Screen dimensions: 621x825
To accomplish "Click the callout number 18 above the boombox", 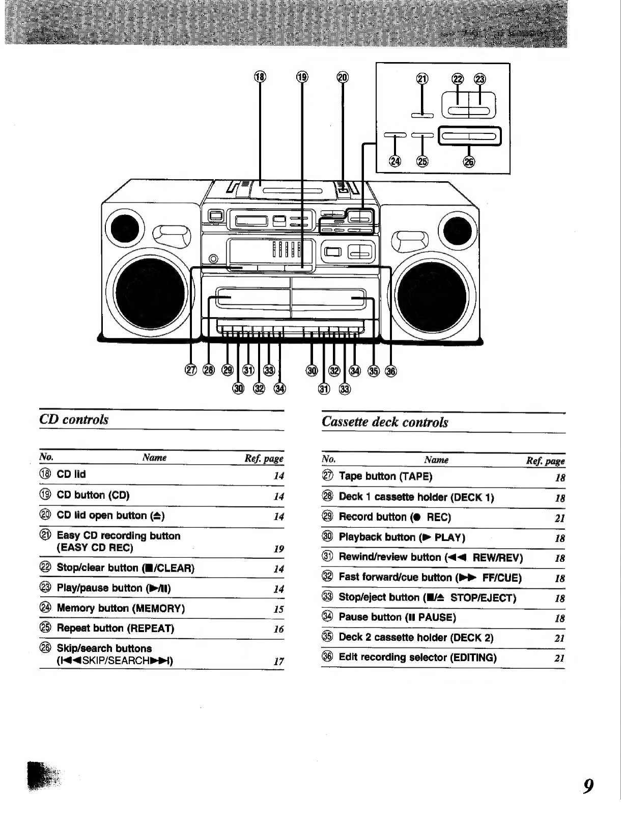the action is [260, 77].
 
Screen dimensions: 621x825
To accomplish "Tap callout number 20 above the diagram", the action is [343, 77].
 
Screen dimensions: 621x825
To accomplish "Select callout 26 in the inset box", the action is [469, 162].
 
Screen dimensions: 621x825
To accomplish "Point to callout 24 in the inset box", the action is [394, 161].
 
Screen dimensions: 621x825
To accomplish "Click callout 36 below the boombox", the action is [390, 372].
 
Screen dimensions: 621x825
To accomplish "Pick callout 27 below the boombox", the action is [191, 370].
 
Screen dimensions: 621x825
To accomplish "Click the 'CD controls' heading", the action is [74, 419].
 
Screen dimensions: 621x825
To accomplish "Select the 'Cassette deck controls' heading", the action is [385, 422].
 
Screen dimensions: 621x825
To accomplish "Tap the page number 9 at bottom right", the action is [588, 785].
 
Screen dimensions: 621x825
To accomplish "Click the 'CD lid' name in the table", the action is [71, 474].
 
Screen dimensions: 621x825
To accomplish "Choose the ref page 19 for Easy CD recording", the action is [278, 549].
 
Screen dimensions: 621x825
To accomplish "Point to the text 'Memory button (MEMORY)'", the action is [121, 608].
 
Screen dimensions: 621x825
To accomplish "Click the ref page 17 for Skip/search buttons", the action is [278, 662].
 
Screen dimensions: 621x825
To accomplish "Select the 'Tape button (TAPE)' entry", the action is [386, 476].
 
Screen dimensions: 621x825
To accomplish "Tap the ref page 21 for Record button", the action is [560, 518].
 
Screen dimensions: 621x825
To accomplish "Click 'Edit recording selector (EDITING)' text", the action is [417, 657].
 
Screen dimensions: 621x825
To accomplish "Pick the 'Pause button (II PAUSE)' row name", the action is [398, 617].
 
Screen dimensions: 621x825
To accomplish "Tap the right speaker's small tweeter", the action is [458, 231].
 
